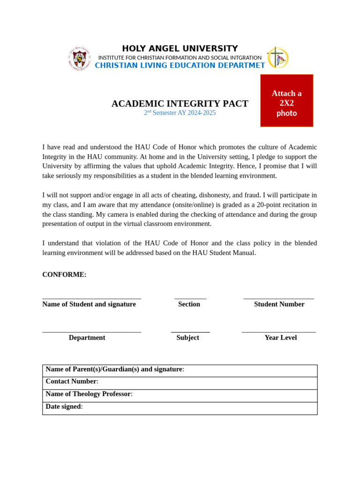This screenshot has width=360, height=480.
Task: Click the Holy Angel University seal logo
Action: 79,58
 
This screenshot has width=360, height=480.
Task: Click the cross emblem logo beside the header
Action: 278,58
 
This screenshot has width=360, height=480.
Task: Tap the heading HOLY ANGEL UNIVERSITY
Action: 180,49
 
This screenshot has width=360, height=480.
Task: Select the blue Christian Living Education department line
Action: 180,66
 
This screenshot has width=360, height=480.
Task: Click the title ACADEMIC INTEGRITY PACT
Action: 180,104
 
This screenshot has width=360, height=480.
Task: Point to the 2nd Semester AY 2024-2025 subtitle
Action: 180,113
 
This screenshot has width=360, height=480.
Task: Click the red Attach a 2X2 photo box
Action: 286,100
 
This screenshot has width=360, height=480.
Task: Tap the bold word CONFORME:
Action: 64,275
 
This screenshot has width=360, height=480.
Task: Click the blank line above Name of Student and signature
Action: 91,298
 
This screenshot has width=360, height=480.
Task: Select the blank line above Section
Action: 190,298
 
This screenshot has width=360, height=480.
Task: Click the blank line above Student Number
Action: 278,298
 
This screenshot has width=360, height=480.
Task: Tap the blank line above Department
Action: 91,332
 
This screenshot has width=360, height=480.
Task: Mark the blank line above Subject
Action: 190,332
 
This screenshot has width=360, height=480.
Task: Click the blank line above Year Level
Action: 278,332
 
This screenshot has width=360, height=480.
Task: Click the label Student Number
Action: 279,304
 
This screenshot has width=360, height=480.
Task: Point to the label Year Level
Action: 280,337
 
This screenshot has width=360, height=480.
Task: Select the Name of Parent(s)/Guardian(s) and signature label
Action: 114,369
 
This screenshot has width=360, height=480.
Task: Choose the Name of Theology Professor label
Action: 89,394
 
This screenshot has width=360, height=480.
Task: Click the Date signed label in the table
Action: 64,407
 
